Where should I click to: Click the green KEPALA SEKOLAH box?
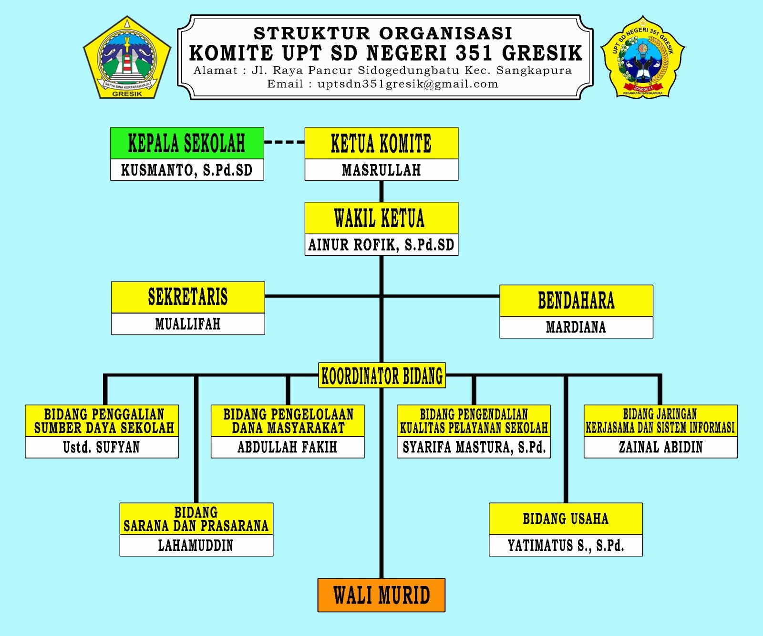(x=186, y=143)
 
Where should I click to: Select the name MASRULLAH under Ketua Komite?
(x=381, y=170)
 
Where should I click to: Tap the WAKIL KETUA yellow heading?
(x=381, y=218)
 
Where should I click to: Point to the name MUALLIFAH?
(x=188, y=324)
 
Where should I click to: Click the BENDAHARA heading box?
(x=576, y=301)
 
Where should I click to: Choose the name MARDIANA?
(x=576, y=327)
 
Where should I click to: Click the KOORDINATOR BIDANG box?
(x=382, y=375)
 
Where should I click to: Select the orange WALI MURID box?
(x=381, y=595)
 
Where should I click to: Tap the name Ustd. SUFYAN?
(x=102, y=447)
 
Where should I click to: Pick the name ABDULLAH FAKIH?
(x=288, y=447)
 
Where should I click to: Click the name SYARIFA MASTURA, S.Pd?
(x=474, y=447)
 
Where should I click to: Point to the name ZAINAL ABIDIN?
(x=660, y=447)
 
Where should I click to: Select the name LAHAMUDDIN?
(x=196, y=545)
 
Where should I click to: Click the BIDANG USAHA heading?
(x=566, y=519)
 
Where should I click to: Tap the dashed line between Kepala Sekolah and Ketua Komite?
(x=284, y=142)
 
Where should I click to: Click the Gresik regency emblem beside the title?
(x=127, y=58)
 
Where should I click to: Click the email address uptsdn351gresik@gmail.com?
(x=408, y=84)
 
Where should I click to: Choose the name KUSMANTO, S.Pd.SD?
(x=187, y=170)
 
